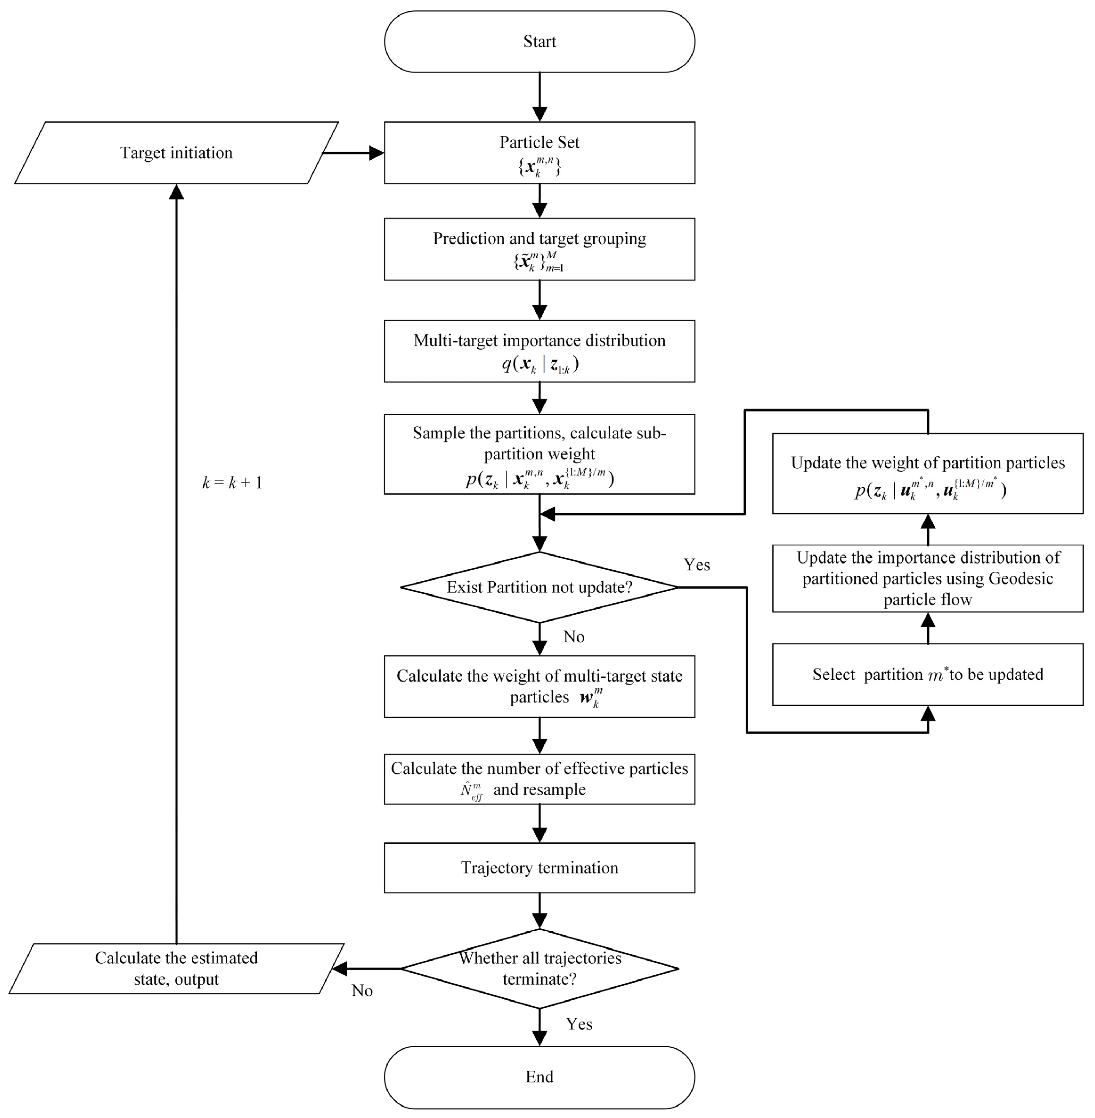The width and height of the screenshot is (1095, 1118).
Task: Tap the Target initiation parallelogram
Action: pos(176,153)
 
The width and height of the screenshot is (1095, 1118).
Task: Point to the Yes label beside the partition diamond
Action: pos(697,565)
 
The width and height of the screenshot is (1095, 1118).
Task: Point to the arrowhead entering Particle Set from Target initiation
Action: pos(377,153)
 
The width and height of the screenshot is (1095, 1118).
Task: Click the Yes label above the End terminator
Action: pos(579,1024)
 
